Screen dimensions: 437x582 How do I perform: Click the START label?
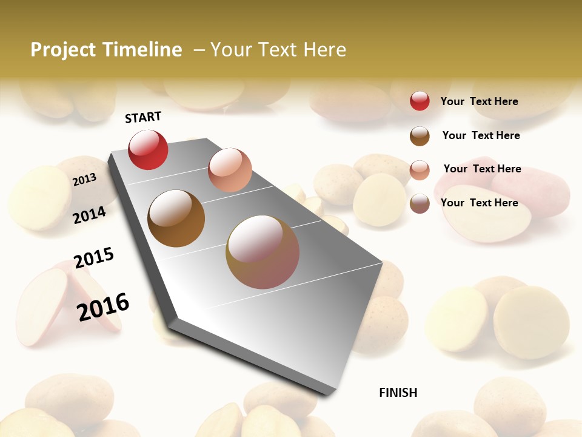pos(143,117)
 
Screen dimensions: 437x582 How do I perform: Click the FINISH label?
pos(398,393)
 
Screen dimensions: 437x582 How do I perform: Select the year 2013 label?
pos(84,179)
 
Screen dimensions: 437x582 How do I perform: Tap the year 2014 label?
pos(89,215)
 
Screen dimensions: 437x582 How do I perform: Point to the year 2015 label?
pos(94,258)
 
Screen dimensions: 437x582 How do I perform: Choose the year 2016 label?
pos(103,307)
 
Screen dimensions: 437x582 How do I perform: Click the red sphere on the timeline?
pos(148,150)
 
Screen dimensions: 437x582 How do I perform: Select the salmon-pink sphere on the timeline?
pos(230,170)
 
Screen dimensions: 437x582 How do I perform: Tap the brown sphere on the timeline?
pos(176,218)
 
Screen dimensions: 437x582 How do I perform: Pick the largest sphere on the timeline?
pos(263,252)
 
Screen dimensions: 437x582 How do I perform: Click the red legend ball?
pos(420,101)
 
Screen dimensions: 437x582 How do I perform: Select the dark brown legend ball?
pos(420,136)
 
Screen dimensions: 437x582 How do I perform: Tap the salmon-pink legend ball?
pos(420,169)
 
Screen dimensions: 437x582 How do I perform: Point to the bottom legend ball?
pos(420,203)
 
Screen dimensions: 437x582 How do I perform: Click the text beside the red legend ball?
pos(480,101)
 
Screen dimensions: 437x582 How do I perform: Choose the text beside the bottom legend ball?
pos(480,203)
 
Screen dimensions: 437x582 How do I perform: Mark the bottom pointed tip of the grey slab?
pos(330,393)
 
